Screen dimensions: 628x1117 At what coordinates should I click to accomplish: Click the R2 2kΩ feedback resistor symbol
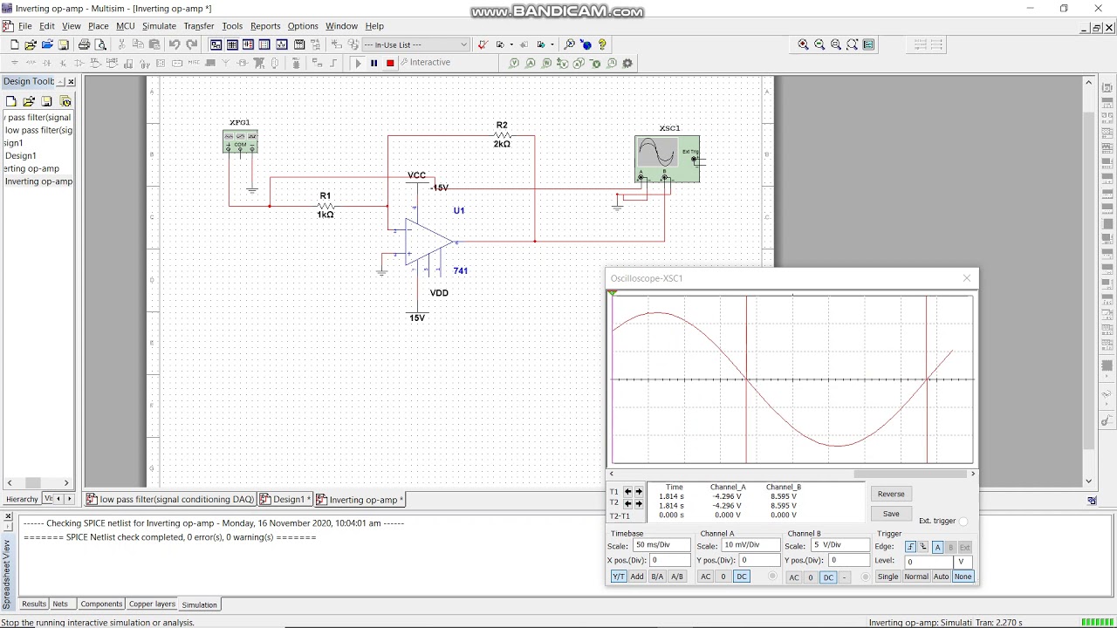click(502, 136)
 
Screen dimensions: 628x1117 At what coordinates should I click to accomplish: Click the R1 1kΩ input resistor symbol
click(326, 206)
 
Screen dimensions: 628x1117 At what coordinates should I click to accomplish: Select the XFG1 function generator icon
click(240, 141)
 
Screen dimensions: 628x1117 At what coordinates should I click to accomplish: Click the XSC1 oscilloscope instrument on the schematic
click(667, 158)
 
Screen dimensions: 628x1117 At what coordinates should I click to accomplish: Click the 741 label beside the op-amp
click(461, 271)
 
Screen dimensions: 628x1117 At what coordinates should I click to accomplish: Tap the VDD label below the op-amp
click(439, 293)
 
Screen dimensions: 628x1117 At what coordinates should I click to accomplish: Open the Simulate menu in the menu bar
click(159, 26)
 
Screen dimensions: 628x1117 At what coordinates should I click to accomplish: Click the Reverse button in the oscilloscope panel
click(891, 494)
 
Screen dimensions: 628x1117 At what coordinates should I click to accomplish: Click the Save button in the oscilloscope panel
click(891, 514)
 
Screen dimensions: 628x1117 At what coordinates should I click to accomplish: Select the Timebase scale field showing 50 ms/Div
click(661, 545)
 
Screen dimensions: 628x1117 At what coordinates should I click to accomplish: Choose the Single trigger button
click(887, 577)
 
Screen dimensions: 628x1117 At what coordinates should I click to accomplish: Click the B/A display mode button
click(657, 577)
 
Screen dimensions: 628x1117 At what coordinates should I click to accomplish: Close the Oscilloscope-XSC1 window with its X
click(967, 278)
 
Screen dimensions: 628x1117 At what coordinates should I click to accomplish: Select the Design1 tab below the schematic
click(288, 500)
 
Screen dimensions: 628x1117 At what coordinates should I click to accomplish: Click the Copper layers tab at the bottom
click(152, 604)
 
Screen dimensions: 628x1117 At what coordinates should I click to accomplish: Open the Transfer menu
click(199, 26)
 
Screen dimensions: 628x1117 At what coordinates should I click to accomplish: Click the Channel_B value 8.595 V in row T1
click(784, 496)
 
